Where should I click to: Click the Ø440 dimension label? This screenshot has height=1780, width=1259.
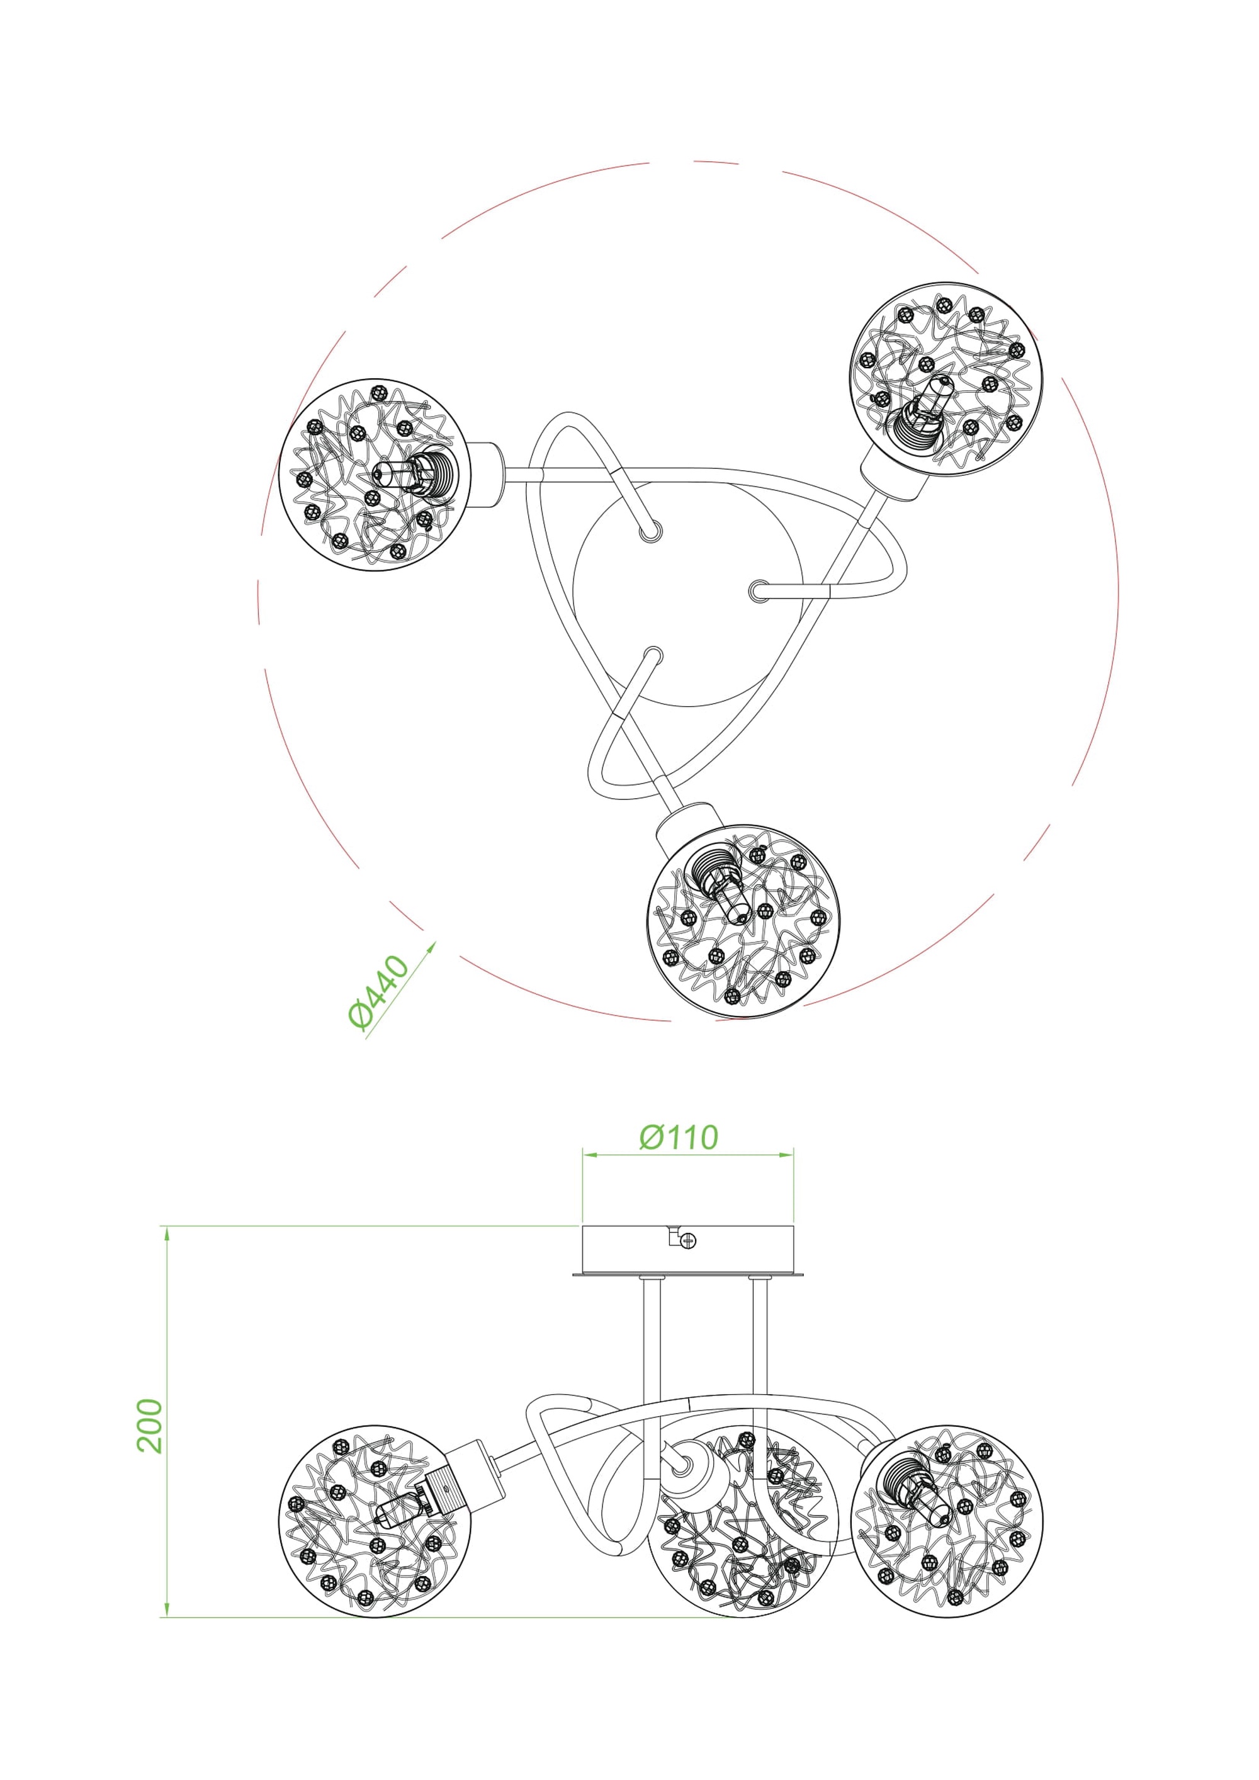[x=378, y=994]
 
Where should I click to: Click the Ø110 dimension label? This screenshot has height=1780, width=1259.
[x=679, y=1137]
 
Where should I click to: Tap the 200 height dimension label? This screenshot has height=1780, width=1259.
[x=150, y=1426]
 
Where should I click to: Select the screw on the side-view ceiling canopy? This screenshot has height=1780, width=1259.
[x=686, y=1241]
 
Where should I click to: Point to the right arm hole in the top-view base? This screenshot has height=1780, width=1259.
[x=757, y=592]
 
